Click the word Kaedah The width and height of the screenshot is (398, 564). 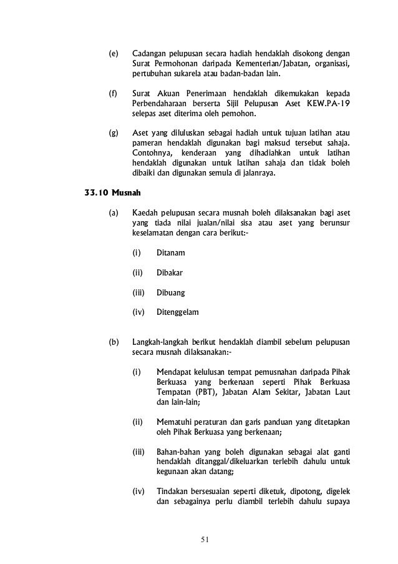(146, 213)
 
